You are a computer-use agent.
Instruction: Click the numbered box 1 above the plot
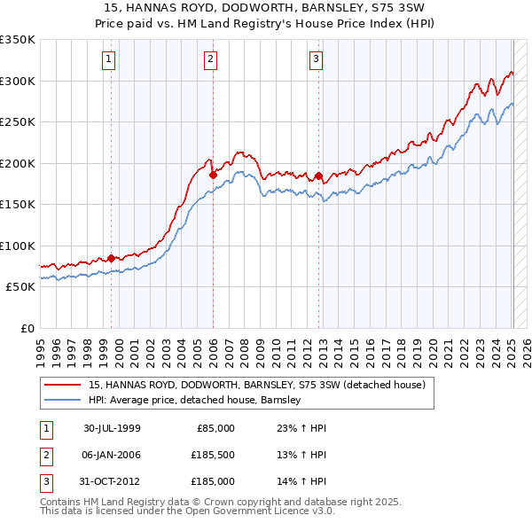pos(108,59)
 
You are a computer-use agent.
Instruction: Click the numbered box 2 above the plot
pos(210,59)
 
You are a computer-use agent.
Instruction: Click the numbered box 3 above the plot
pos(316,59)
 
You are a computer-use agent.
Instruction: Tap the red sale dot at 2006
pos(213,176)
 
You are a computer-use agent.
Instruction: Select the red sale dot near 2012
pos(318,176)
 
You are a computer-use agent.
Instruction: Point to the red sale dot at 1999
pos(111,258)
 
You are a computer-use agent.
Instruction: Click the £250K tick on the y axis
pos(18,122)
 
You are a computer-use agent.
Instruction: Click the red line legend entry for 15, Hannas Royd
pos(257,385)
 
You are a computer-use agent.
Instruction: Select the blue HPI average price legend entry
pos(195,400)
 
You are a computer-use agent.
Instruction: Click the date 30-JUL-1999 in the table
pos(112,428)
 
